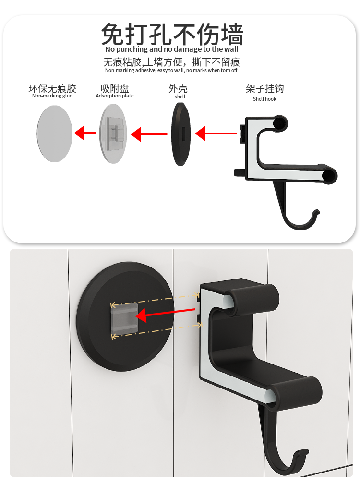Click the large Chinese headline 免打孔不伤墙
[x=172, y=34]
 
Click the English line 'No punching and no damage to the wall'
[x=172, y=49]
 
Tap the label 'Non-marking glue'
[x=52, y=96]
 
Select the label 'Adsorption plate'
[x=115, y=96]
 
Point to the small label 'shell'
[x=180, y=97]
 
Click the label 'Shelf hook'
[x=264, y=99]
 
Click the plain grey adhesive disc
[x=54, y=133]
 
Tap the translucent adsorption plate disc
[x=113, y=133]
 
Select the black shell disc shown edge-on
[x=180, y=134]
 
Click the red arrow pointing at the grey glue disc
[x=85, y=133]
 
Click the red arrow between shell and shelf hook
[x=216, y=133]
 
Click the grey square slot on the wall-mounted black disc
[x=124, y=318]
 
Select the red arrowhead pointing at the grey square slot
[x=142, y=316]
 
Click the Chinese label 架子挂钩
[x=265, y=89]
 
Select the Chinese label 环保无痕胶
[x=52, y=88]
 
